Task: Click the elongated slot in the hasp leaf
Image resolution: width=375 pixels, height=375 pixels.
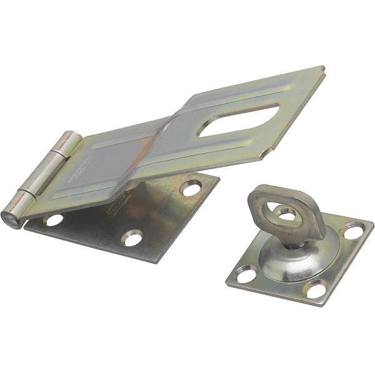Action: point(237,119)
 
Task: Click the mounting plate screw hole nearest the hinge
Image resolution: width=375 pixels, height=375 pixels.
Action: point(54,219)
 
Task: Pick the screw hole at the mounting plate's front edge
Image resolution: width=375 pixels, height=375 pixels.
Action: point(132,237)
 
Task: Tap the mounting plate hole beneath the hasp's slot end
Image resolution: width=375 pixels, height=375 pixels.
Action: point(191,187)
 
